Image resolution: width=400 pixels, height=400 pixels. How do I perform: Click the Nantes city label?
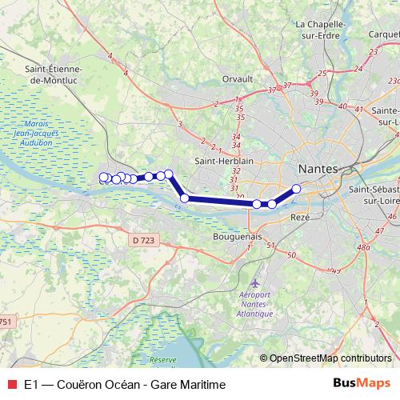click(318, 170)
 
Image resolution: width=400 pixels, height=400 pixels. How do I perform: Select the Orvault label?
click(237, 79)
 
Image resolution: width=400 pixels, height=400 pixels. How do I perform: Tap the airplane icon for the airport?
click(255, 282)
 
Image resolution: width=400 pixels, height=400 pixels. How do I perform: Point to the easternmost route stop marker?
click(296, 189)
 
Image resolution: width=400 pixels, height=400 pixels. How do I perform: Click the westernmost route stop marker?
click(102, 177)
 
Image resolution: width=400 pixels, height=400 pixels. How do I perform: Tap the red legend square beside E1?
click(11, 385)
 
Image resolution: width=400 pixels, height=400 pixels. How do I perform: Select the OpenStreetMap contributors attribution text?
click(330, 358)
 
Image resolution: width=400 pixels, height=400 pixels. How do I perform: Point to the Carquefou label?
click(384, 34)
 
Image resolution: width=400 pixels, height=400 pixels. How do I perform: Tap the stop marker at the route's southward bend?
click(185, 198)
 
